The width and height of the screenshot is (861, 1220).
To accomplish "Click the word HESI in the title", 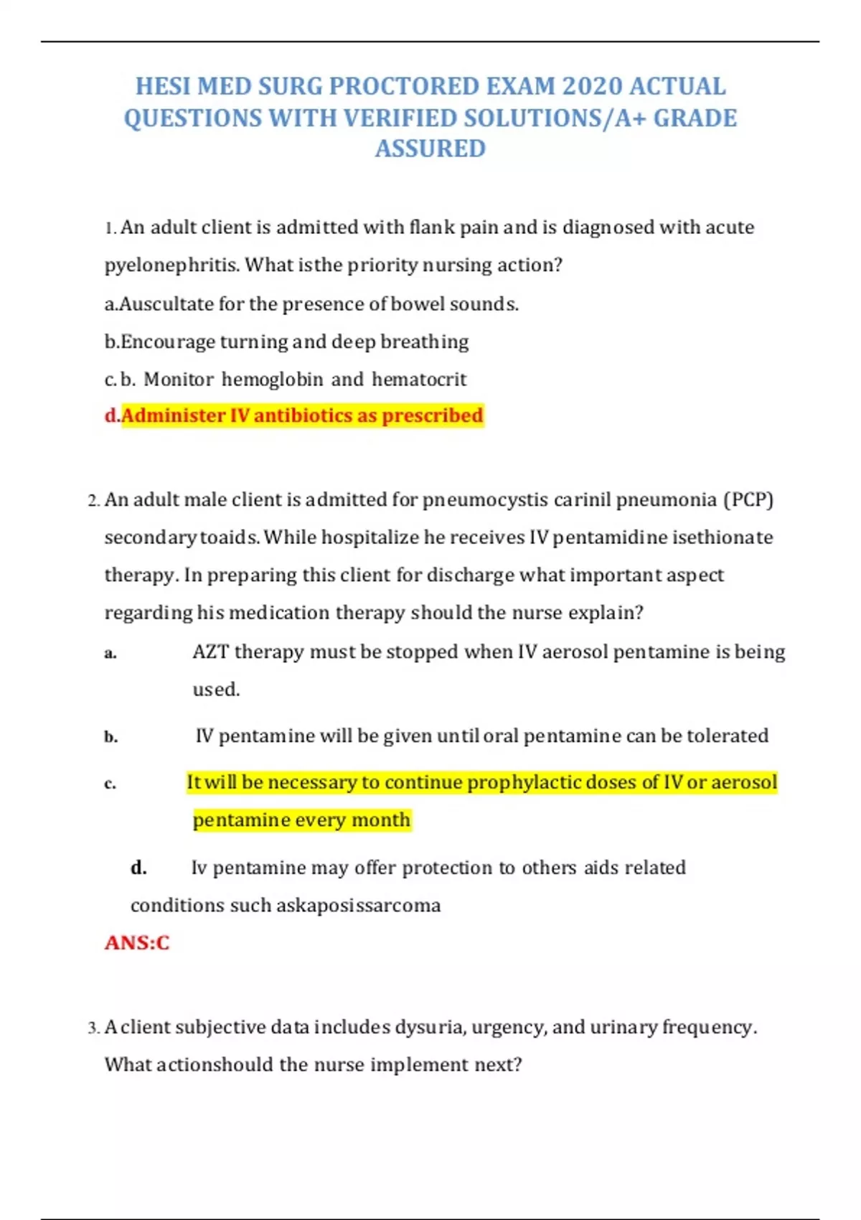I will click(x=164, y=86).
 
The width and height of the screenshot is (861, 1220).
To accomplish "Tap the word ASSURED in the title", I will click(x=430, y=149).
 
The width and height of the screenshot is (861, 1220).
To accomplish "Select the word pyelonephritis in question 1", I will click(x=172, y=266).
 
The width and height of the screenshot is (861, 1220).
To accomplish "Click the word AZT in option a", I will click(x=210, y=652).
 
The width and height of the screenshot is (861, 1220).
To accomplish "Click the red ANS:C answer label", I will click(x=137, y=942).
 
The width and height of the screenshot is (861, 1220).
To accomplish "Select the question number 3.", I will click(x=93, y=1028).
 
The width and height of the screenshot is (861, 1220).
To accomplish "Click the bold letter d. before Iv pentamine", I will click(x=138, y=868).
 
